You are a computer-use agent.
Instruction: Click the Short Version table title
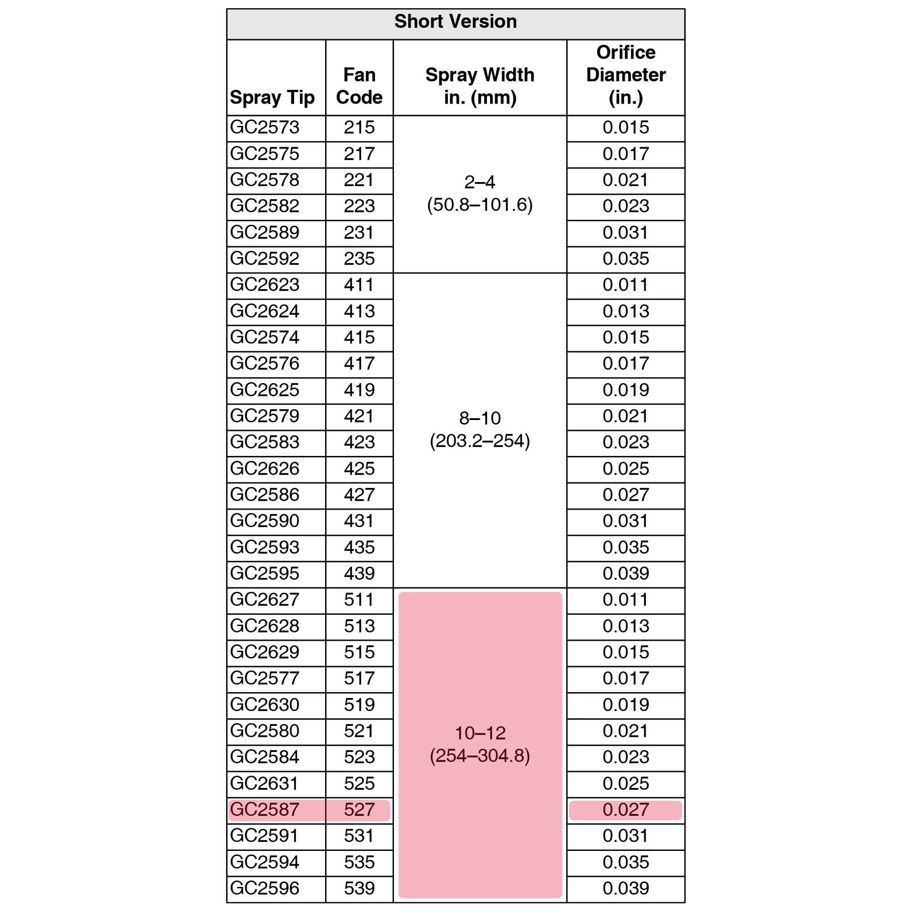click(456, 22)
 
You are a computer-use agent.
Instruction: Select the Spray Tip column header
click(272, 98)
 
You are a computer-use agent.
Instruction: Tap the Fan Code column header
click(359, 86)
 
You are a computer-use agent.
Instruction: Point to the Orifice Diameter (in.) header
click(626, 75)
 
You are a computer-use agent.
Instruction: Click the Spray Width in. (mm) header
click(480, 86)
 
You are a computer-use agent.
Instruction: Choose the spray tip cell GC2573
click(265, 128)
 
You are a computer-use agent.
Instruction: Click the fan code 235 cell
click(359, 259)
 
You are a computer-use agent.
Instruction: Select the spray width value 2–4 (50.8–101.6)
click(480, 193)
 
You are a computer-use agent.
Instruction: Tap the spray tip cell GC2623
click(265, 285)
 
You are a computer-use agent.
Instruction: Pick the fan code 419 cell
click(359, 390)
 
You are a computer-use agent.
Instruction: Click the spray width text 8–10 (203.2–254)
click(480, 430)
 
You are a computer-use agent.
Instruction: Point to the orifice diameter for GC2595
click(626, 574)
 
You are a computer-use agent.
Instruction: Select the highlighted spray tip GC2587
click(265, 809)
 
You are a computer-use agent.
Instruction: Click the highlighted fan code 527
click(359, 809)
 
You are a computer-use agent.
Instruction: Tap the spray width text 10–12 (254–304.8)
click(480, 745)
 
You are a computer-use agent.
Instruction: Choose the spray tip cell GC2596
click(265, 888)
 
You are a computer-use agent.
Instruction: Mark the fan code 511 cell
click(359, 600)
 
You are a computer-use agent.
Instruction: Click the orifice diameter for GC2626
click(626, 469)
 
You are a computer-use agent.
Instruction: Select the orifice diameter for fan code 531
click(626, 835)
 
